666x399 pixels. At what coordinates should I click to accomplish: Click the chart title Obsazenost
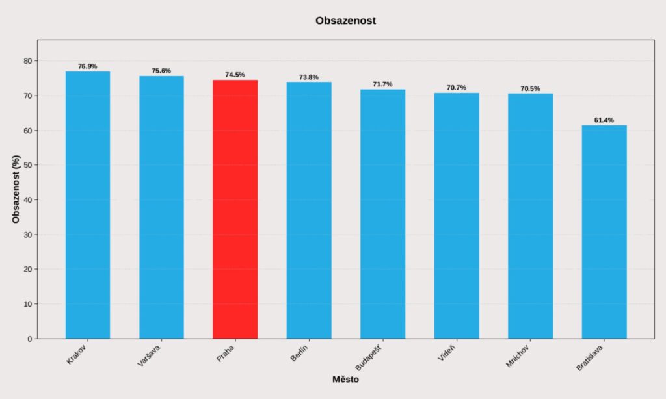pyautogui.click(x=345, y=21)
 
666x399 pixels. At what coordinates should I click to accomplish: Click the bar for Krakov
pyautogui.click(x=88, y=205)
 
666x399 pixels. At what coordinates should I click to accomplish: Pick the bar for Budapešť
pyautogui.click(x=382, y=214)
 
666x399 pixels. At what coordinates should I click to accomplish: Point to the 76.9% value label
pyautogui.click(x=88, y=66)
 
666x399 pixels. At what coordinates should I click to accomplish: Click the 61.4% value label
pyautogui.click(x=604, y=120)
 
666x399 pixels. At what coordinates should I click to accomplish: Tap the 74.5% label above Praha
pyautogui.click(x=235, y=75)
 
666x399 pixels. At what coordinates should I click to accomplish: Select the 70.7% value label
pyautogui.click(x=456, y=88)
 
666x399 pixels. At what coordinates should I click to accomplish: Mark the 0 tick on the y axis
pyautogui.click(x=29, y=339)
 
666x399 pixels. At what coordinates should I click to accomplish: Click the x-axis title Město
pyautogui.click(x=345, y=380)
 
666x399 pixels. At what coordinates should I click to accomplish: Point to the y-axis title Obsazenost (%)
pyautogui.click(x=16, y=189)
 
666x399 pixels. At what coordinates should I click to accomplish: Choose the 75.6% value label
pyautogui.click(x=161, y=71)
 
